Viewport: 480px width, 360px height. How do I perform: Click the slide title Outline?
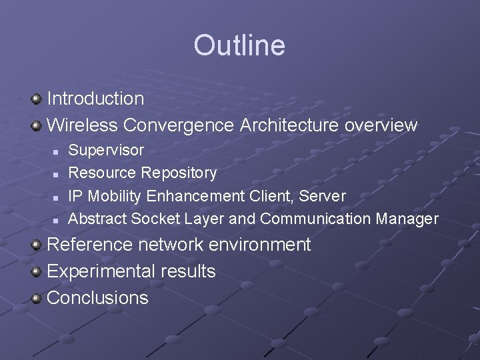[239, 45]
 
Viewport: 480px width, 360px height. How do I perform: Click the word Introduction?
[95, 99]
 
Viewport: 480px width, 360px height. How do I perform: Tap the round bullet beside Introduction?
[37, 99]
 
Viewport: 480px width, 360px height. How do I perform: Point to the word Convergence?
[179, 125]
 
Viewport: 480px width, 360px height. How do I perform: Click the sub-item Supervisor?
[106, 151]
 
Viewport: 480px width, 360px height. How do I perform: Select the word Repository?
[179, 173]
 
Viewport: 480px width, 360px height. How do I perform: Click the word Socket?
[155, 219]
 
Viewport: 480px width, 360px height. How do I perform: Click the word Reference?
[90, 245]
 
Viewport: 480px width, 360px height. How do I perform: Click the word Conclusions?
[97, 297]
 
